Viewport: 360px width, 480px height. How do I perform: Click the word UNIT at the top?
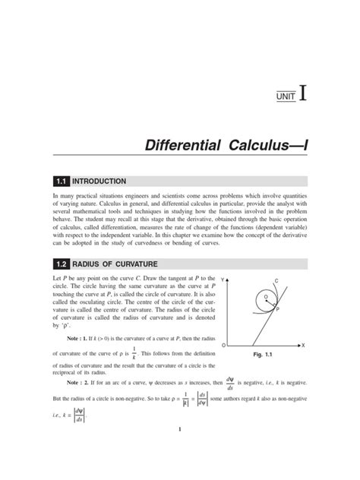tap(286, 96)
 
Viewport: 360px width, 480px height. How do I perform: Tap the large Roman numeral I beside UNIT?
tap(303, 93)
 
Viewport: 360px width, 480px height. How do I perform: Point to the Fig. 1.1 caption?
tap(262, 355)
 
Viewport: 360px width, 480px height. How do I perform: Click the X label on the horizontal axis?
tap(302, 345)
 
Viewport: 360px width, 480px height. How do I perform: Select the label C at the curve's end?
tap(276, 282)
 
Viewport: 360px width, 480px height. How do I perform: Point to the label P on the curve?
tap(278, 310)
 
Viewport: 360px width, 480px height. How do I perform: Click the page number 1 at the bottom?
tap(179, 431)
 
